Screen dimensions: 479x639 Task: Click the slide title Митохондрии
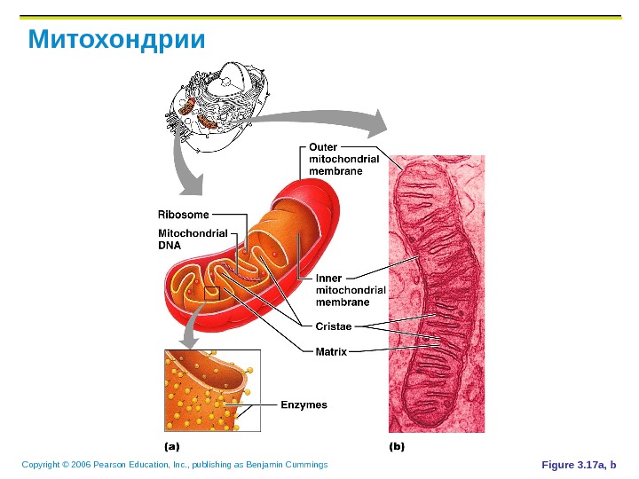[x=116, y=41]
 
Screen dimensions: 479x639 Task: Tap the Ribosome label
[x=184, y=214]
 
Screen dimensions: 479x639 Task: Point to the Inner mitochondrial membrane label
[x=351, y=290]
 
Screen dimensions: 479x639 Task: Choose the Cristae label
[x=334, y=326]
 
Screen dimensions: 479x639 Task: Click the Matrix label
[x=331, y=351]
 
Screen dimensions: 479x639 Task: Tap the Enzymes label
[x=304, y=404]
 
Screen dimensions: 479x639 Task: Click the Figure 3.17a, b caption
[x=577, y=465]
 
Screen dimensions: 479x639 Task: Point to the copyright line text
[x=175, y=465]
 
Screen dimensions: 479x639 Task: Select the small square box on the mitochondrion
[x=211, y=294]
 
